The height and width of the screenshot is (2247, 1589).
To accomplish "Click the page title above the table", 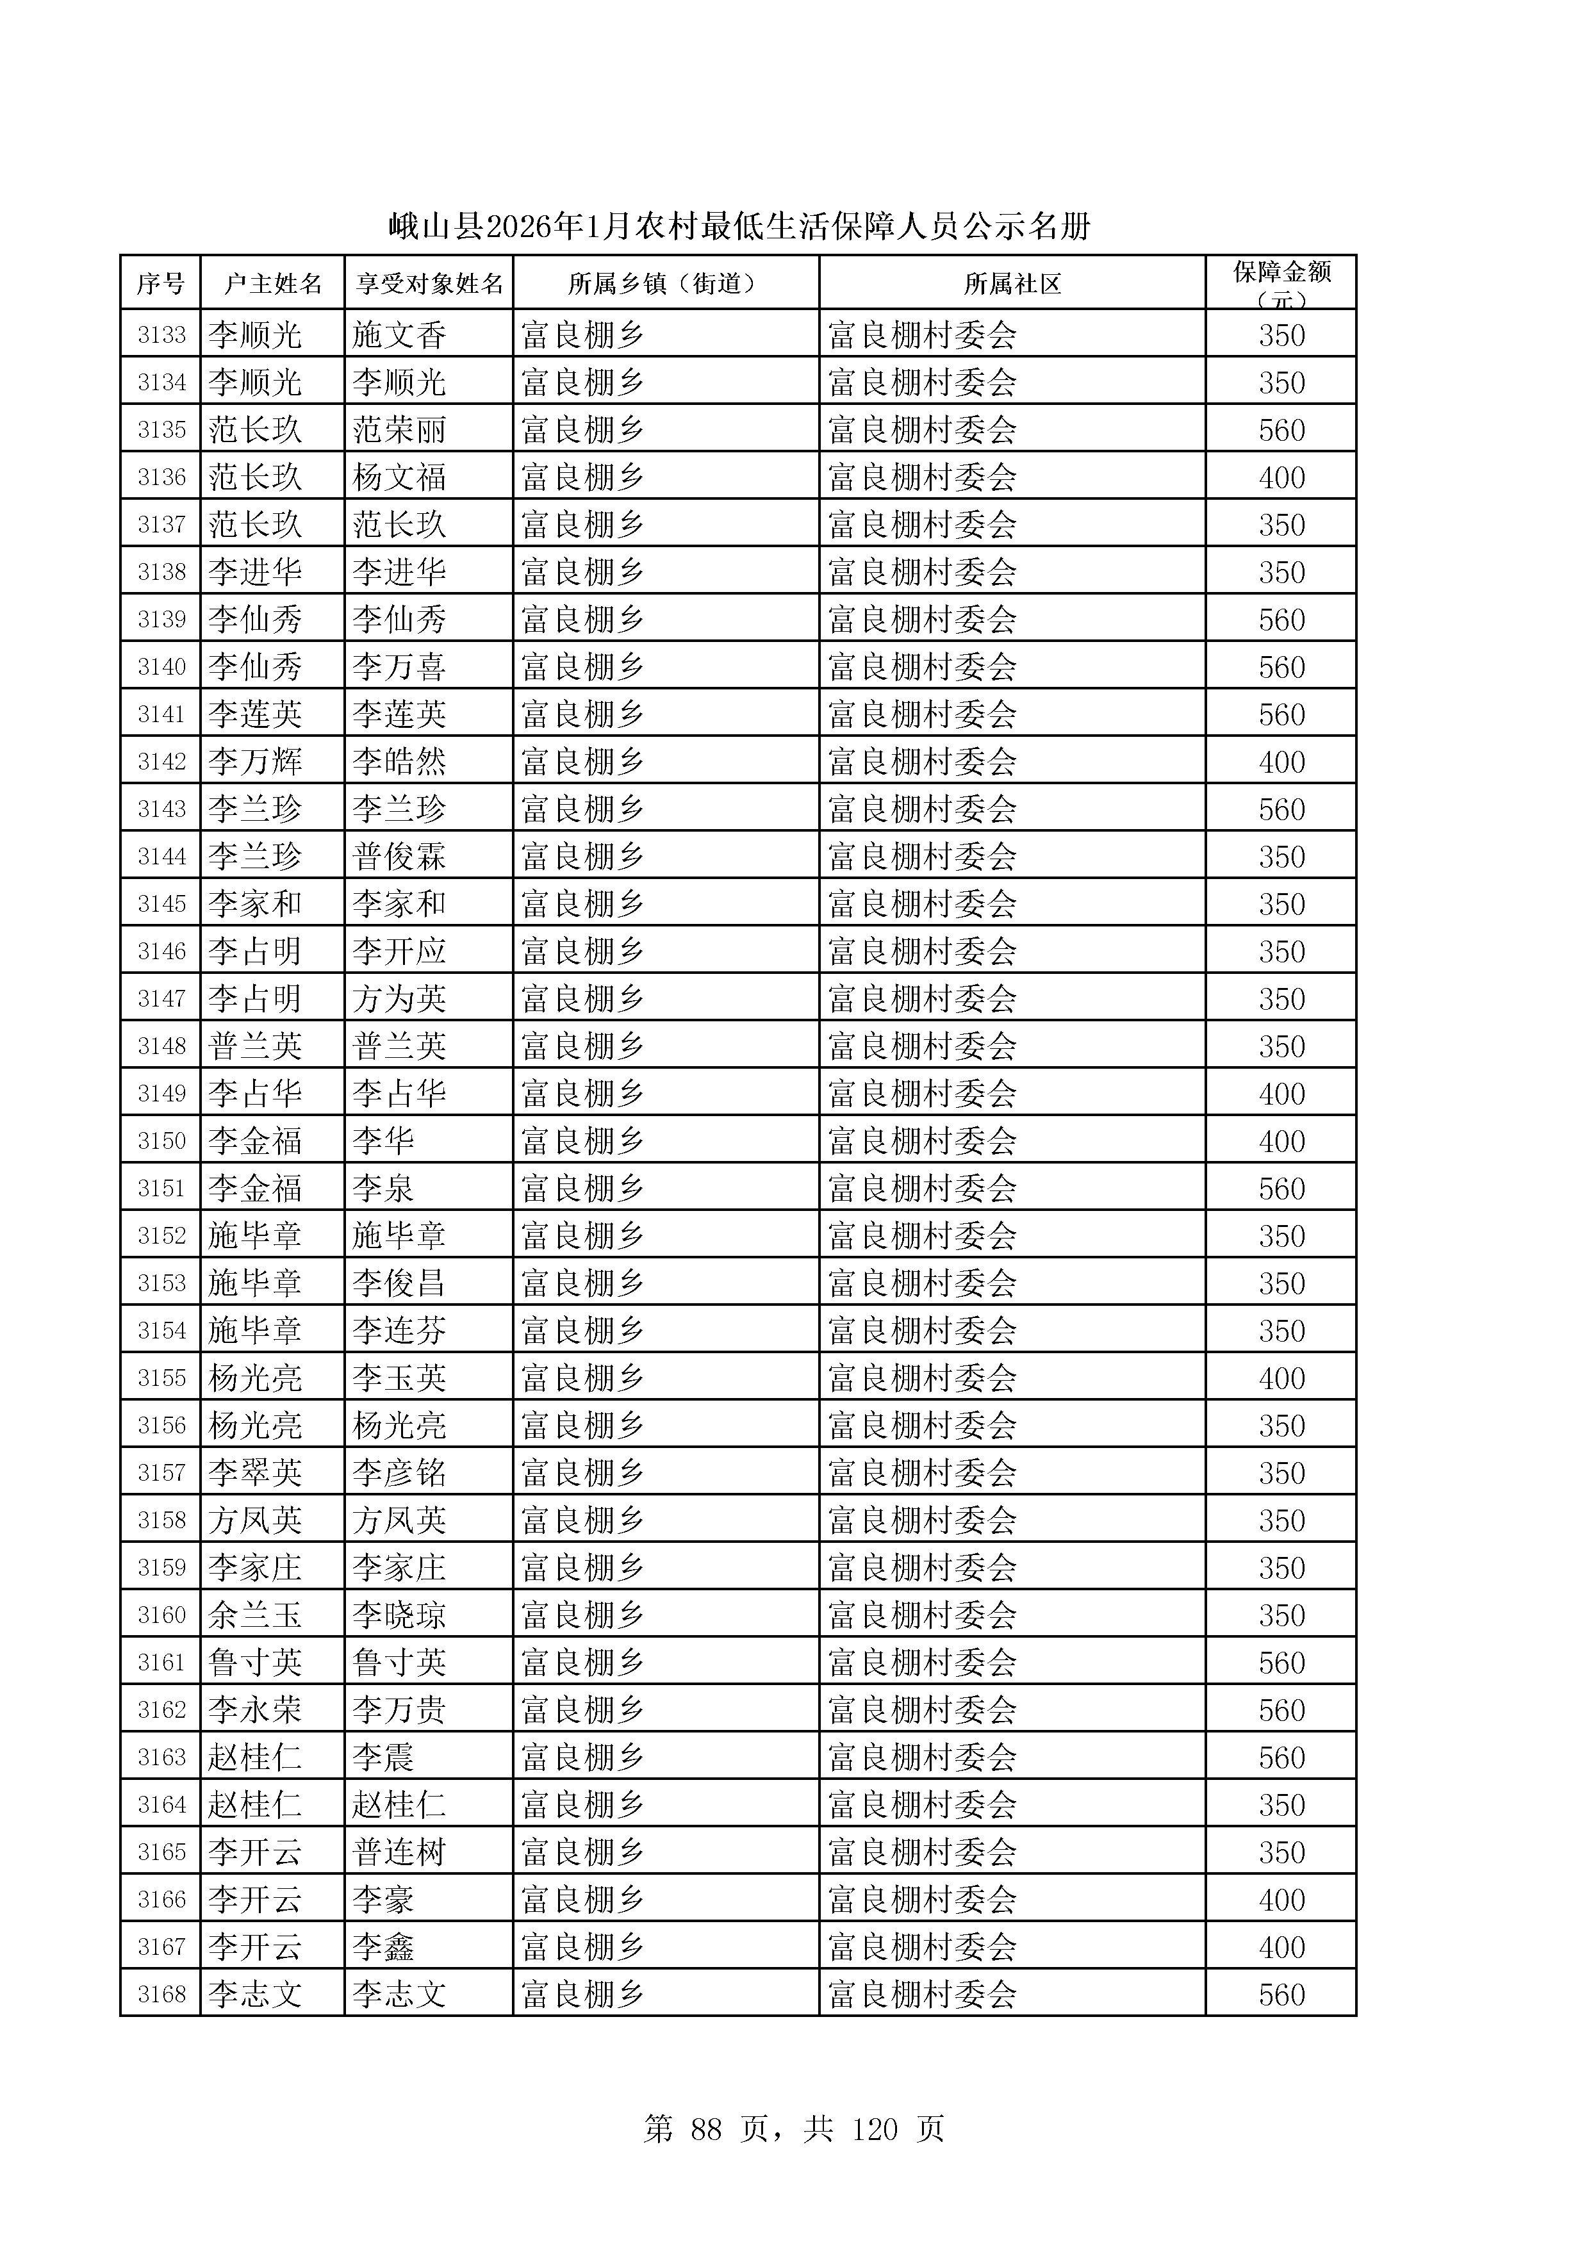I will (739, 227).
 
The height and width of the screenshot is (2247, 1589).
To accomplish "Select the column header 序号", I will (160, 284).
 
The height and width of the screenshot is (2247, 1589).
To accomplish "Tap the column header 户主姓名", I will (272, 284).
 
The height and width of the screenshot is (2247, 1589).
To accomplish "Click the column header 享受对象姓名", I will (429, 284).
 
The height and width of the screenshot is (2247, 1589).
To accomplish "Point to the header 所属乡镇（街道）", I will (665, 284).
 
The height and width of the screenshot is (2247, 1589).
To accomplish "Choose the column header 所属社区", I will (1012, 284).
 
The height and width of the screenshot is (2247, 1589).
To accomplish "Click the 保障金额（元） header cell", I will (1281, 284).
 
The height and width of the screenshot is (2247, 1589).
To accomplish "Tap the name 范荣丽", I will (399, 431).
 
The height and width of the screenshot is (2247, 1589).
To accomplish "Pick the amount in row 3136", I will (1281, 477).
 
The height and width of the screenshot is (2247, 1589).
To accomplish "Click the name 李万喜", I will (399, 668).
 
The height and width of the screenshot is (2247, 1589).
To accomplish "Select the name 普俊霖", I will (399, 857).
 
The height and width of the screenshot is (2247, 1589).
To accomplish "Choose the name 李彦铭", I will (399, 1473).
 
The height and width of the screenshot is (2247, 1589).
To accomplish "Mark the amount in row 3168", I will (1281, 1995).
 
